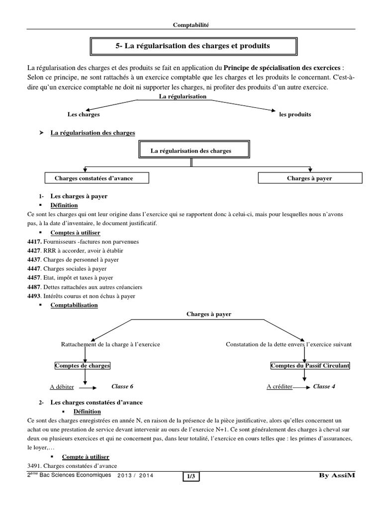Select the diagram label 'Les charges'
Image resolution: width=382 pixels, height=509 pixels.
click(x=84, y=114)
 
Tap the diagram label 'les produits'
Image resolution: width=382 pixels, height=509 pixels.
click(x=295, y=114)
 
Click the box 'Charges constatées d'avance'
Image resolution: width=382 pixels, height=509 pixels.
click(x=90, y=177)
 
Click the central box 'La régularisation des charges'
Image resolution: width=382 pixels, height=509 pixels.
click(x=191, y=150)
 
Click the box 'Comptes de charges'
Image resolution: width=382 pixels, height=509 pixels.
click(x=82, y=366)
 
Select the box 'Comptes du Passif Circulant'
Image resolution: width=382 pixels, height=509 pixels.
click(x=310, y=366)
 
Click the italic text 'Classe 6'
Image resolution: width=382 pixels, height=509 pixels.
click(x=122, y=386)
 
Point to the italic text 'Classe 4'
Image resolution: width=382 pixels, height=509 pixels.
click(x=324, y=386)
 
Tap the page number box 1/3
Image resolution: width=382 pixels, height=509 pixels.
click(x=191, y=477)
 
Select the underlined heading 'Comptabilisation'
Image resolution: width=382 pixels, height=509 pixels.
click(x=74, y=305)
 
